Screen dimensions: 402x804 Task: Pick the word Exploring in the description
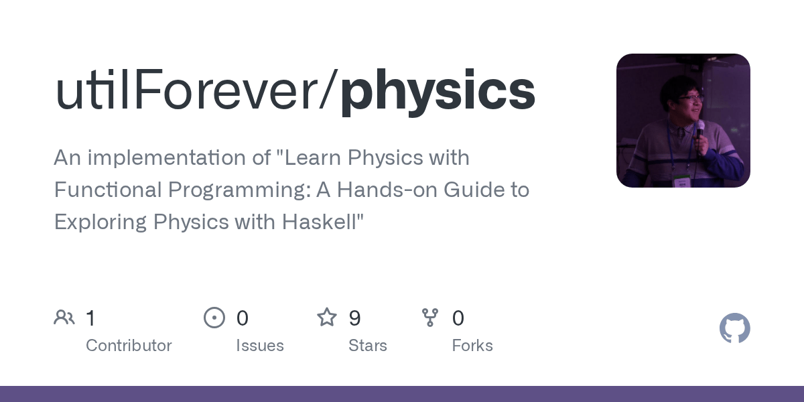coord(100,222)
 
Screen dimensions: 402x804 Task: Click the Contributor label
coord(129,346)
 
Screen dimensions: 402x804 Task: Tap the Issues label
coord(259,346)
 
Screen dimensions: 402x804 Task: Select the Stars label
coord(367,346)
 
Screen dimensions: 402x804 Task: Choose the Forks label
coord(472,346)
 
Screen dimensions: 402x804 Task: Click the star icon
coord(327,317)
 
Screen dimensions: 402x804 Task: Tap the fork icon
coord(430,317)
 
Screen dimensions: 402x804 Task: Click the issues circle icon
coord(214,317)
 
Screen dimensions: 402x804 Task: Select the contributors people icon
coord(64,317)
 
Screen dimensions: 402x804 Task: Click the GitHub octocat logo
coord(734,328)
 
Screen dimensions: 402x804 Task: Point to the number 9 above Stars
coord(355,318)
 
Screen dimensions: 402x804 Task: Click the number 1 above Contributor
coord(90,318)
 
